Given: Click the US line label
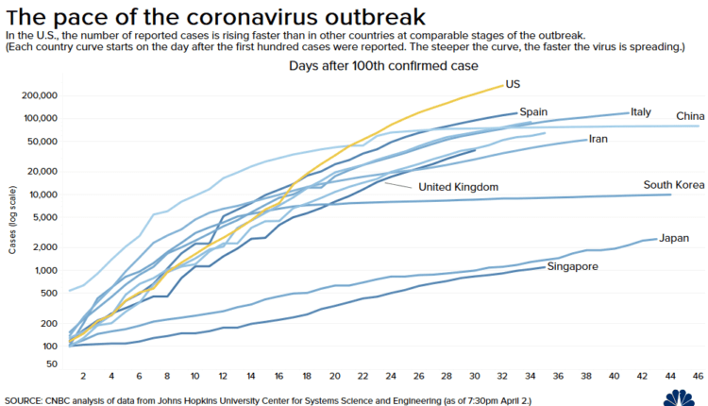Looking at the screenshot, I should pos(513,84).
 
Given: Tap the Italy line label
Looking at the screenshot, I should pos(640,111).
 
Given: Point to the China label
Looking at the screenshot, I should pos(690,116).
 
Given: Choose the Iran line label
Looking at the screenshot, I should pos(598,139).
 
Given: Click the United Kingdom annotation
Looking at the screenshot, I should pos(458,187).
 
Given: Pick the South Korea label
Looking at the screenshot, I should pos(671,184).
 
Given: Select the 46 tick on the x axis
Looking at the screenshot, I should pos(699,375).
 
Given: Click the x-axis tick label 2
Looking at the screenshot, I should pos(84,375).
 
